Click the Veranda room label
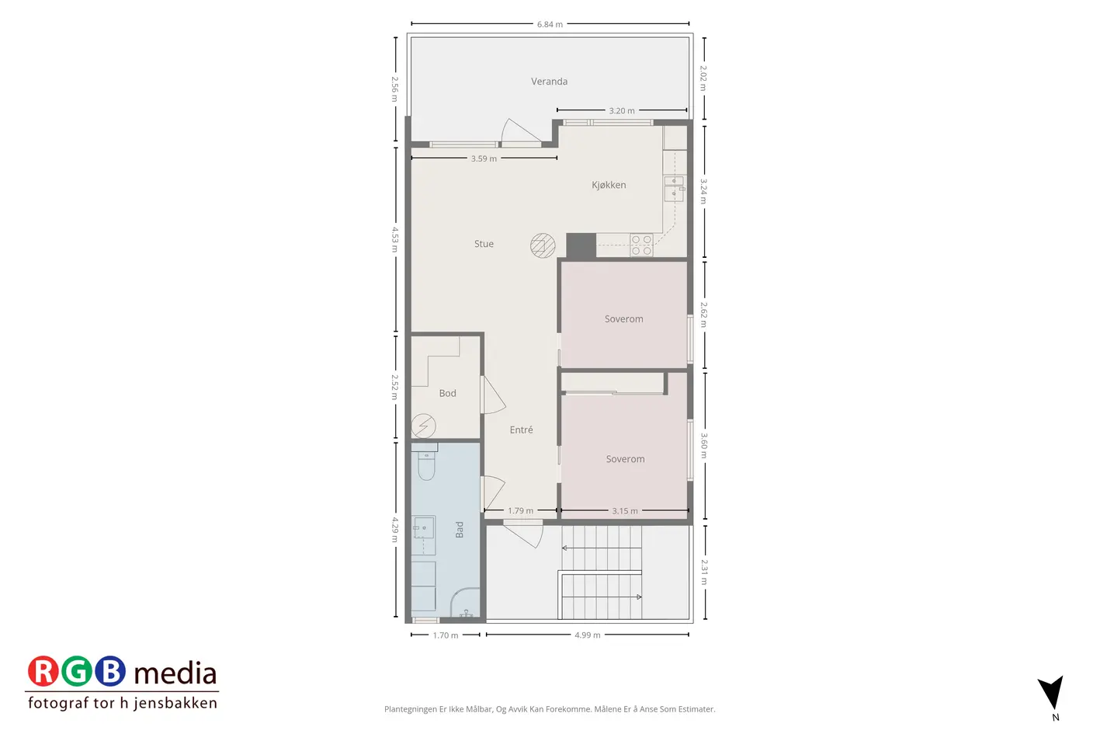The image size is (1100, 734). (549, 82)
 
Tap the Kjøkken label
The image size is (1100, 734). (609, 185)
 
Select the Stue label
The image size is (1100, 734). (484, 244)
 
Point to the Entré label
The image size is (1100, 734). (521, 430)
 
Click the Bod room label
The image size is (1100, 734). (447, 393)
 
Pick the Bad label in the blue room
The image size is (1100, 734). (459, 530)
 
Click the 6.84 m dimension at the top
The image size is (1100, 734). (550, 24)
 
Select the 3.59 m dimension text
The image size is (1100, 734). (484, 158)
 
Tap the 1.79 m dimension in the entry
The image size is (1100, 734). (520, 510)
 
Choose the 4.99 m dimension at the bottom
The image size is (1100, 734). (588, 635)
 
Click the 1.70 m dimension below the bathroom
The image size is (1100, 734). (445, 635)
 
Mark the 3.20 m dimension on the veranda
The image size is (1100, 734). (622, 110)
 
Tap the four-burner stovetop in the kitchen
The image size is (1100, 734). (641, 245)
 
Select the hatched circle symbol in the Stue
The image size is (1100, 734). (543, 245)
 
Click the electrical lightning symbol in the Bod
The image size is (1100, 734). (423, 426)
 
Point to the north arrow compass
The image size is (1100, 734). (1053, 692)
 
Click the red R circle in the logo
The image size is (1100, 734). (43, 671)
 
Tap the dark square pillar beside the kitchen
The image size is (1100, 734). (581, 245)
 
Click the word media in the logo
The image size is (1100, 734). (175, 673)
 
